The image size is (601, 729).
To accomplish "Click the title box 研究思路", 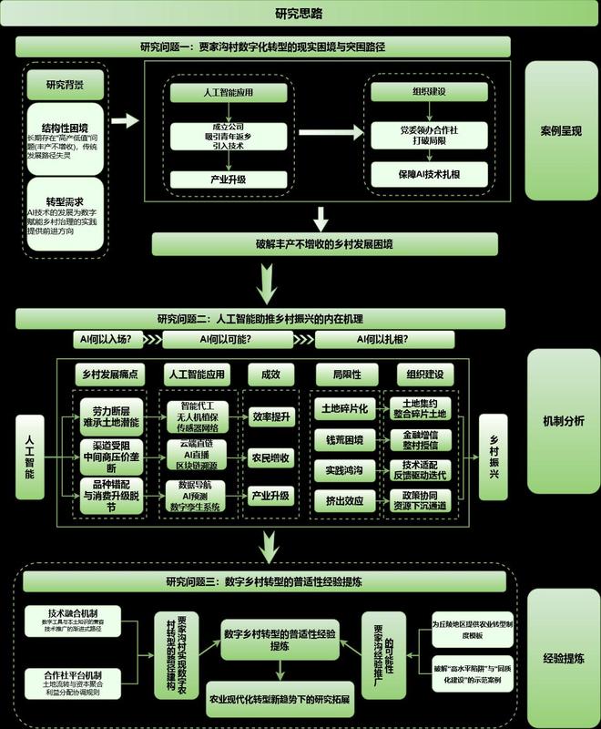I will click(300, 14).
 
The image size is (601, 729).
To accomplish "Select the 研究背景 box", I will click(66, 86).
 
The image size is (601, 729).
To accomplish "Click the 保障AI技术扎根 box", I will click(429, 172).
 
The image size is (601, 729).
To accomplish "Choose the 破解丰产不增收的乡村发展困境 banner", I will click(325, 243).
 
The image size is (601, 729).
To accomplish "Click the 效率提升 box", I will click(270, 416).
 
